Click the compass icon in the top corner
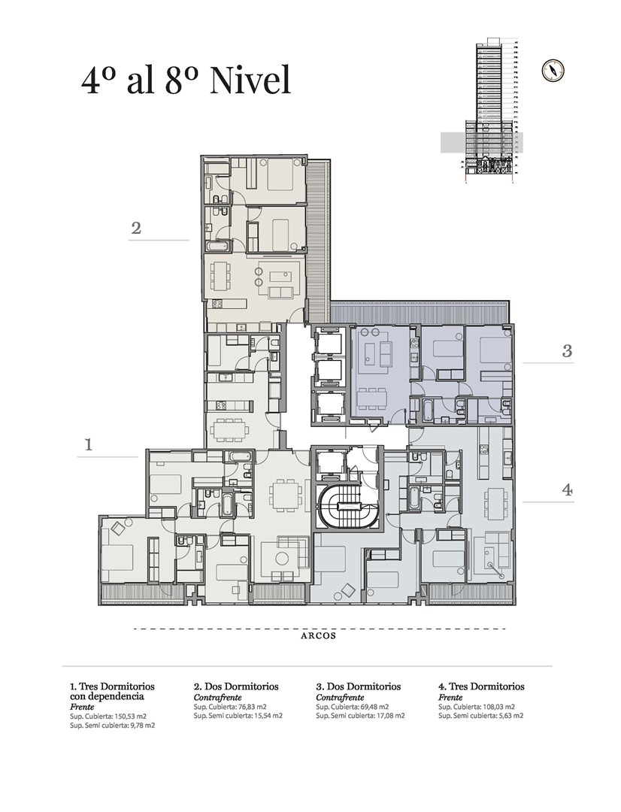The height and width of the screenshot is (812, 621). [553, 71]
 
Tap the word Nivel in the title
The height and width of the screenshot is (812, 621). [250, 80]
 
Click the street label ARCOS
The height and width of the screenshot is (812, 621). [319, 636]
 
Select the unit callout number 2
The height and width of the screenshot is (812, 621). [136, 228]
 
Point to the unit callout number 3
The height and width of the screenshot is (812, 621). [567, 351]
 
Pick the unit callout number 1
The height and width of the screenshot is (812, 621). [89, 444]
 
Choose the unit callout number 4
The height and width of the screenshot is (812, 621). [568, 490]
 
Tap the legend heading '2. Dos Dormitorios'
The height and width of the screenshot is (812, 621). [236, 686]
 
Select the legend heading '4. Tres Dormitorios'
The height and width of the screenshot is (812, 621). [481, 686]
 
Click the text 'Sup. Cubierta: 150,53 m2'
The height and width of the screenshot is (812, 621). [108, 717]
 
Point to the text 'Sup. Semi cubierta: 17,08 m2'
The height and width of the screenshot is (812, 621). [360, 716]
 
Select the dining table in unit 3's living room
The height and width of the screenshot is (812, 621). [372, 397]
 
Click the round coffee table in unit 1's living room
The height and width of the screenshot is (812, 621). [282, 558]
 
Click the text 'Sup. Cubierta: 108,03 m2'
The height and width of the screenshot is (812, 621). [477, 706]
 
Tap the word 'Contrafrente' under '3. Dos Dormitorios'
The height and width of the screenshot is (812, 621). [340, 697]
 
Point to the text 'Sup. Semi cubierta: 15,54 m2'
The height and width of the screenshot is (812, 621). [238, 716]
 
